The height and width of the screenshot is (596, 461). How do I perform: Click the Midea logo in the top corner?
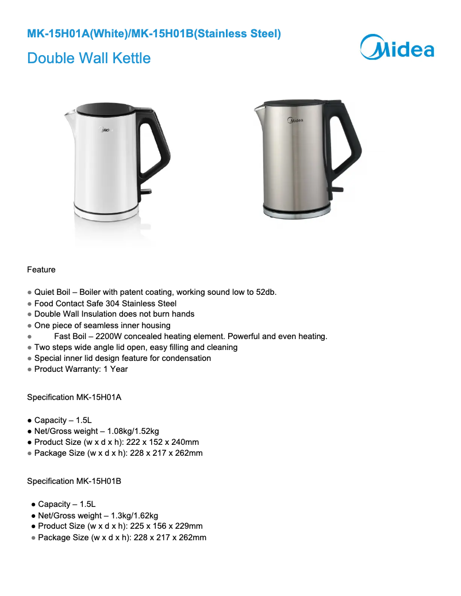397,47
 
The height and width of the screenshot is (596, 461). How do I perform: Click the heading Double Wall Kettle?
89,58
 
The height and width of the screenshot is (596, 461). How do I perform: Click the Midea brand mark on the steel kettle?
295,121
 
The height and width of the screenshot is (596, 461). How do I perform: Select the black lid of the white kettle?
106,108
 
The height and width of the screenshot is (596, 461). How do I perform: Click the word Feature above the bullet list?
41,270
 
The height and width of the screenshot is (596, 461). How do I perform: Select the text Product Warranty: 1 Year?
81,369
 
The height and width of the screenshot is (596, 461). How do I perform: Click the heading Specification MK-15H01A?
74,397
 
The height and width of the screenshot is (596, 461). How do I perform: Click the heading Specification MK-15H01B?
74,481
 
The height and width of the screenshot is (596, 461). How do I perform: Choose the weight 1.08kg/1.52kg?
133,431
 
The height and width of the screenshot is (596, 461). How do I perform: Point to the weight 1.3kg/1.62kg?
132,516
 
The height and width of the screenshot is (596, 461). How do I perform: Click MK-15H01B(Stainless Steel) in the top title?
206,34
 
